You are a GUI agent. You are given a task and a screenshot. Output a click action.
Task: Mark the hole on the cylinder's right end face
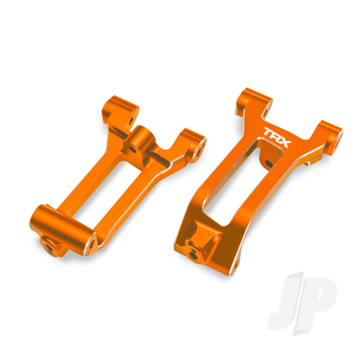[x=92, y=245]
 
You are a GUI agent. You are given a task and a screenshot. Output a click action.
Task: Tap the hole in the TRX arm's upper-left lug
[x=264, y=111]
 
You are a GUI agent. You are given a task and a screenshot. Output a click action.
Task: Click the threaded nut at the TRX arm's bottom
[x=194, y=252]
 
